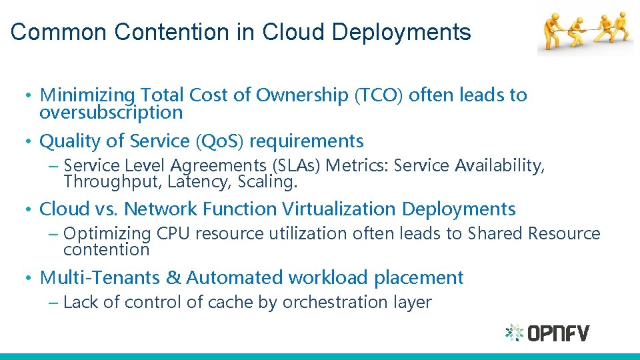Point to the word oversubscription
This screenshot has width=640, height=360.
click(111, 113)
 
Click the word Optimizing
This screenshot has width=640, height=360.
click(107, 234)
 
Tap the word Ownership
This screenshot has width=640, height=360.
click(297, 95)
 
